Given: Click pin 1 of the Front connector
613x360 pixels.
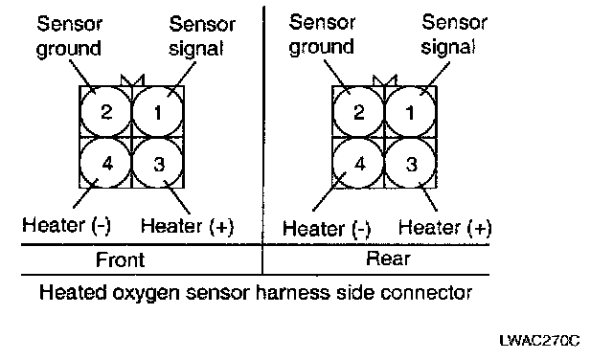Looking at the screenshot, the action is point(158,112).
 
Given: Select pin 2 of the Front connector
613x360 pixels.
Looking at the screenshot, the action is point(105,112).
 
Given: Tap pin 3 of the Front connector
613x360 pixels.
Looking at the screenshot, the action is point(158,164).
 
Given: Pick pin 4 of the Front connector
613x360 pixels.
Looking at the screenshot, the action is point(105,164).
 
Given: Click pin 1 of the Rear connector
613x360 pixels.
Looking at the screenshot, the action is point(411,112).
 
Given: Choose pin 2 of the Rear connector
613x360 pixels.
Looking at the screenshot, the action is point(358,112).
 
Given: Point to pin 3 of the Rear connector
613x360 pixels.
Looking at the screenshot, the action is point(411,164).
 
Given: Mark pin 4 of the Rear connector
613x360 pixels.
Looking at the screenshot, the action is point(358,164).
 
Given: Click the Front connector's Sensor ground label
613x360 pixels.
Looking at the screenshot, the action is point(69,36).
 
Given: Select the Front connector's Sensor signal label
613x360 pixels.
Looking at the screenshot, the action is point(202,36).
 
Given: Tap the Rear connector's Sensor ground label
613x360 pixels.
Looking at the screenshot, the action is point(322,34).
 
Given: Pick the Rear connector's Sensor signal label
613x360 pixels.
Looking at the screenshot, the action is point(454,34).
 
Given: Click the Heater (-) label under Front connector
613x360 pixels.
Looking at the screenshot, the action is point(66,226).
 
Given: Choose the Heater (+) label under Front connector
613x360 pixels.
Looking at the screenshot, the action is point(188,226).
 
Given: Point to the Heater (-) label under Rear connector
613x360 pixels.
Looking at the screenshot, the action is point(327,229).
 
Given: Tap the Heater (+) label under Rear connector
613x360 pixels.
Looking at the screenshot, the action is point(444,227).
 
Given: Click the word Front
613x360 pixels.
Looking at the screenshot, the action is point(121,259).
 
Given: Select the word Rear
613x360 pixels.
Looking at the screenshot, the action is point(388,259).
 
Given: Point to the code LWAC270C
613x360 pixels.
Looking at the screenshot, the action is point(540,341).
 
